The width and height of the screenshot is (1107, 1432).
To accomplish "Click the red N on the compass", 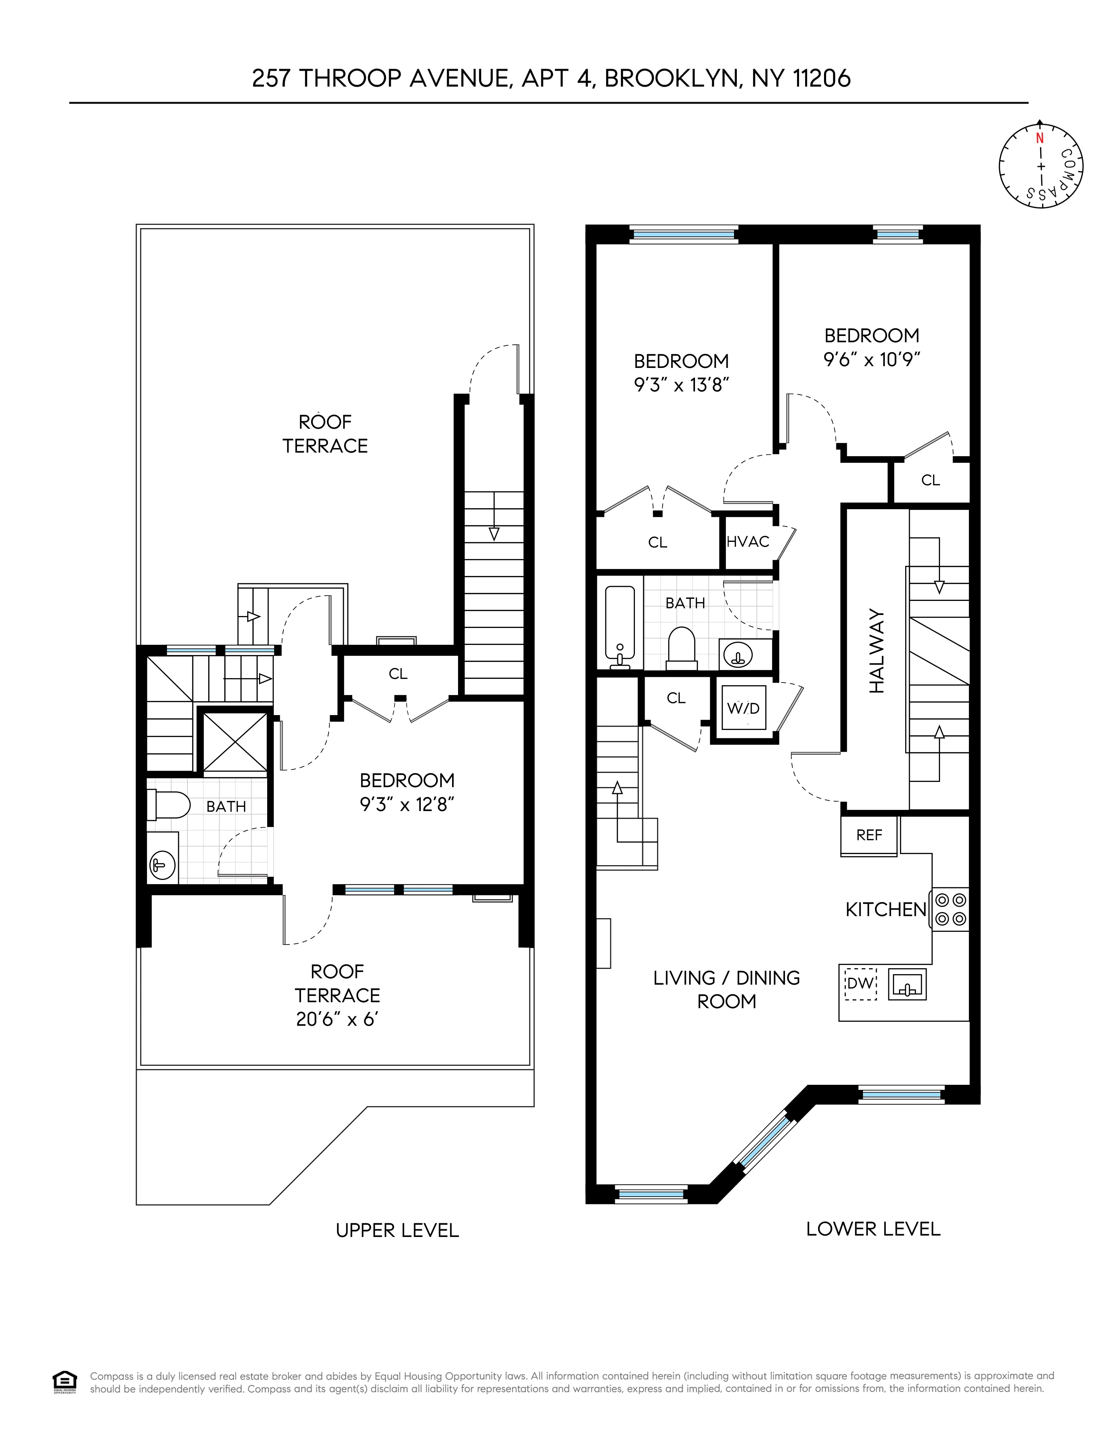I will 1040,138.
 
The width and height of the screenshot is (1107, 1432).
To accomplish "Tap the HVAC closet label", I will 748,542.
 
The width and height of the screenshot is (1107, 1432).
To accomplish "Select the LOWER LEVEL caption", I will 873,1229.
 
